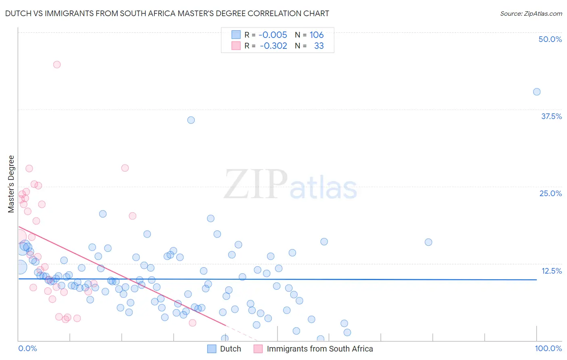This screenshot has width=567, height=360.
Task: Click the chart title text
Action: (x=167, y=13)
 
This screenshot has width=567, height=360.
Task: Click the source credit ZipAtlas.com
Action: (x=531, y=13)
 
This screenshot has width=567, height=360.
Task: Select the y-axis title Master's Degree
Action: (x=11, y=184)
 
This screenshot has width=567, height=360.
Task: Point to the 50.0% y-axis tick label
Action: (x=550, y=39)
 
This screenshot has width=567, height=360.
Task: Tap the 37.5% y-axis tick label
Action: (x=551, y=116)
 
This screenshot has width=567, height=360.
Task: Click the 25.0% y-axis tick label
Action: (x=550, y=193)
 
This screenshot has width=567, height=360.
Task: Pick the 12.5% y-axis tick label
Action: (x=551, y=271)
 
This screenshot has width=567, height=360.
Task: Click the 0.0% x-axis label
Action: (x=27, y=348)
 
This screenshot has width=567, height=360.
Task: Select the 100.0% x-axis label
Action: (x=548, y=348)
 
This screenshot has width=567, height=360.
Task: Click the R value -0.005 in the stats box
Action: (x=273, y=35)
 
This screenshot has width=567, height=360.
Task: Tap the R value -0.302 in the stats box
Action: (x=273, y=46)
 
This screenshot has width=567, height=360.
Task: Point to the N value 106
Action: (x=317, y=35)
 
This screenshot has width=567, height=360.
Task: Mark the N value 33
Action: (x=319, y=46)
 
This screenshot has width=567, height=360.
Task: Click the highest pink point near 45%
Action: (x=57, y=65)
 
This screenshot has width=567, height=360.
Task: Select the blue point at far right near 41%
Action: (x=537, y=92)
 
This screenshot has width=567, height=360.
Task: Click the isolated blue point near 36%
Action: (x=191, y=120)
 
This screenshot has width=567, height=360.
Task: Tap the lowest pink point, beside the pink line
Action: (x=192, y=322)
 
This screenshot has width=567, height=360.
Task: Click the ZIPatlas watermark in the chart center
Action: (x=290, y=184)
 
